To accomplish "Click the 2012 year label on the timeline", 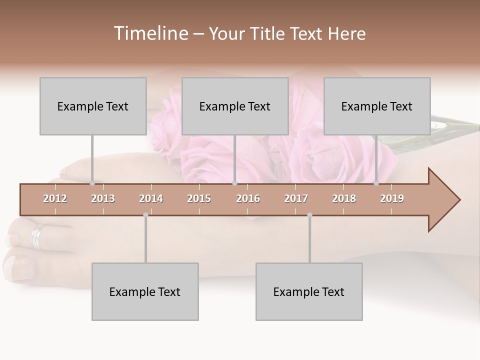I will click(x=55, y=198).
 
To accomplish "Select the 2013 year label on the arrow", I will click(x=103, y=198).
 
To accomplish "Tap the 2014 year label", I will click(x=151, y=198).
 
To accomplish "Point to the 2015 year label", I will click(x=199, y=198).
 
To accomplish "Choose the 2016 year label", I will click(x=248, y=198).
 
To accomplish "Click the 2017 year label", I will click(x=296, y=198).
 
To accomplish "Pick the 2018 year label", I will click(x=344, y=198).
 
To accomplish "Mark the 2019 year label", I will click(x=392, y=198).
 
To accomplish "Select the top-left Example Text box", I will click(x=93, y=106).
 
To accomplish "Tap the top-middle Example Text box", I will click(x=235, y=106).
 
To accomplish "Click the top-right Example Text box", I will click(x=377, y=106).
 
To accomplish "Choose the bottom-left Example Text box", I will click(x=145, y=291).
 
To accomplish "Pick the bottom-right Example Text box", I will click(x=309, y=291).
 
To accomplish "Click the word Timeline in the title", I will click(x=150, y=33).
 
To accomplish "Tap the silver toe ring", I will click(x=38, y=236).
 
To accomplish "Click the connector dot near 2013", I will click(x=92, y=183).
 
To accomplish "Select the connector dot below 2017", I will click(x=309, y=215).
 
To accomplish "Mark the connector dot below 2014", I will click(x=145, y=215).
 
